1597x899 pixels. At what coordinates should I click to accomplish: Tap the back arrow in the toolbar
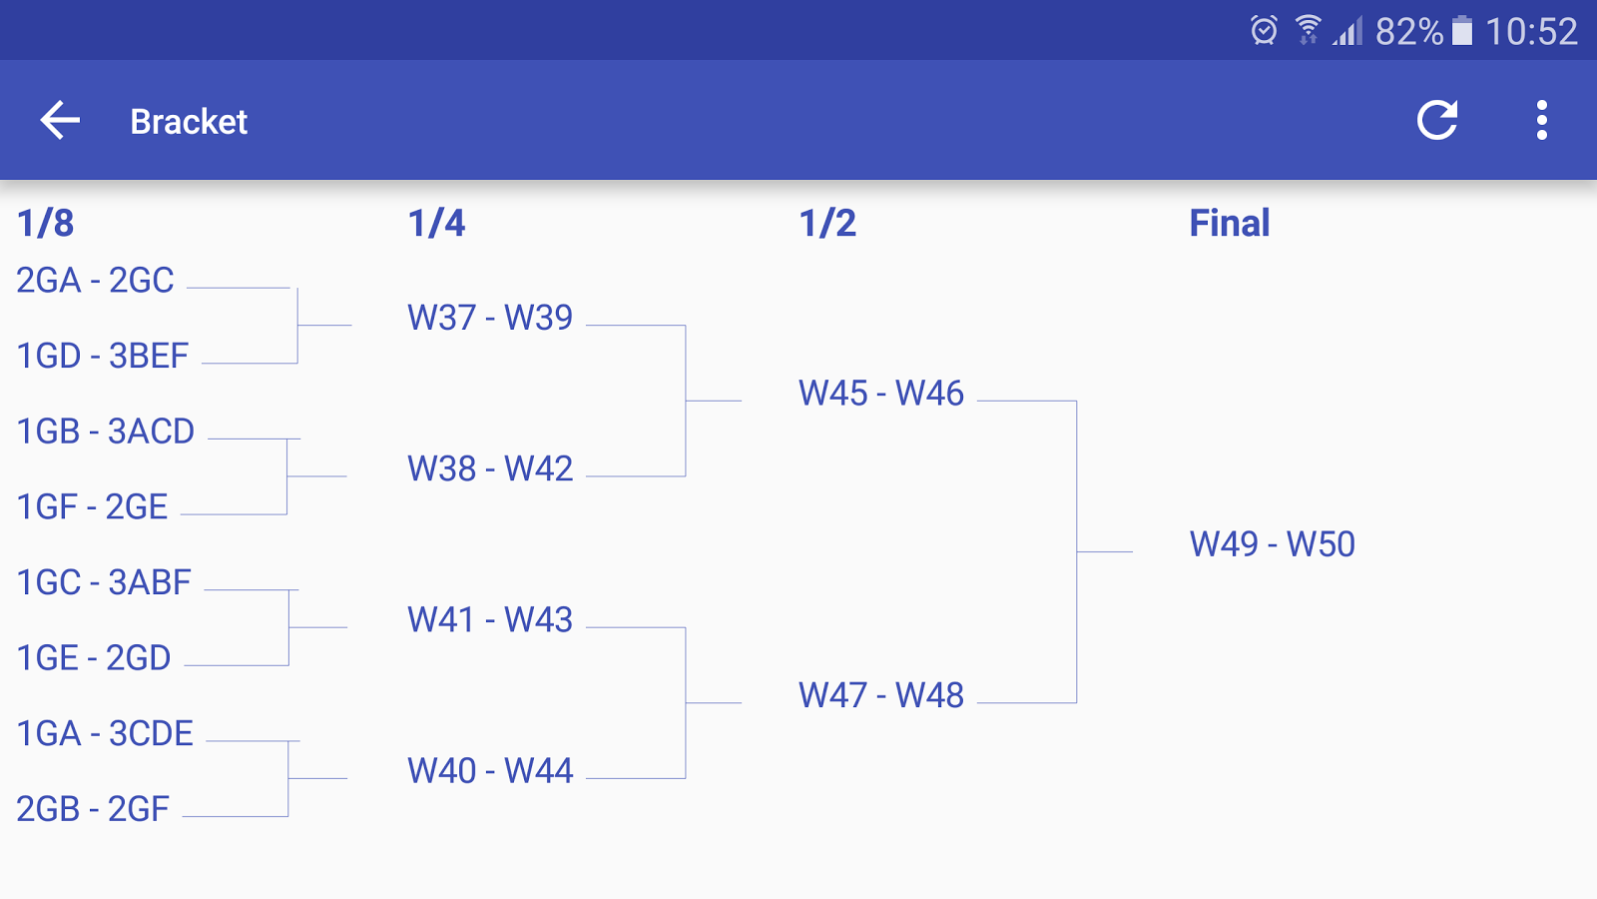point(60,120)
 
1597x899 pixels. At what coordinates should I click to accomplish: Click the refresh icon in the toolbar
point(1437,119)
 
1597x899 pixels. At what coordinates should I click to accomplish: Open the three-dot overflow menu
point(1542,120)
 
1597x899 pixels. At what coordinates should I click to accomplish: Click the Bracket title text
point(189,121)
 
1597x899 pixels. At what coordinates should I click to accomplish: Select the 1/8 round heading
point(45,224)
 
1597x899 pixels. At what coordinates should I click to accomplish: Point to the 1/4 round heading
point(436,224)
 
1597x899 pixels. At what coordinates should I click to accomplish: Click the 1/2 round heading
point(827,224)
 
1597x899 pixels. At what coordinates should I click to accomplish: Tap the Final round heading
point(1229,224)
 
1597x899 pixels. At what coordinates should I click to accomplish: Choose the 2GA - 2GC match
point(95,281)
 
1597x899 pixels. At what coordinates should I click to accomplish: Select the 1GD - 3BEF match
point(103,356)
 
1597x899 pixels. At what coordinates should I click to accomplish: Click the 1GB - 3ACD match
point(106,432)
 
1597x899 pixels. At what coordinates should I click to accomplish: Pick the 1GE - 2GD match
point(94,658)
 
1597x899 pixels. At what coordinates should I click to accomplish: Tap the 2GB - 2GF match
point(93,809)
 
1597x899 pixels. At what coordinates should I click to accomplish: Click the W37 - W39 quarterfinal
point(490,319)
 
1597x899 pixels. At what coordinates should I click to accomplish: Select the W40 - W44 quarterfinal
point(490,771)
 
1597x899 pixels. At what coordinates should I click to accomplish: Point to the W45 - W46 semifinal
point(881,394)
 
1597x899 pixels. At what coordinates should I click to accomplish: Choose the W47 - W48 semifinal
point(881,695)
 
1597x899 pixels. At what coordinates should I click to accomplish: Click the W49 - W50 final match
point(1272,544)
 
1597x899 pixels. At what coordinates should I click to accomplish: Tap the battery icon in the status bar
point(1462,31)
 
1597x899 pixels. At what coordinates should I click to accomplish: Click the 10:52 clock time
point(1531,32)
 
